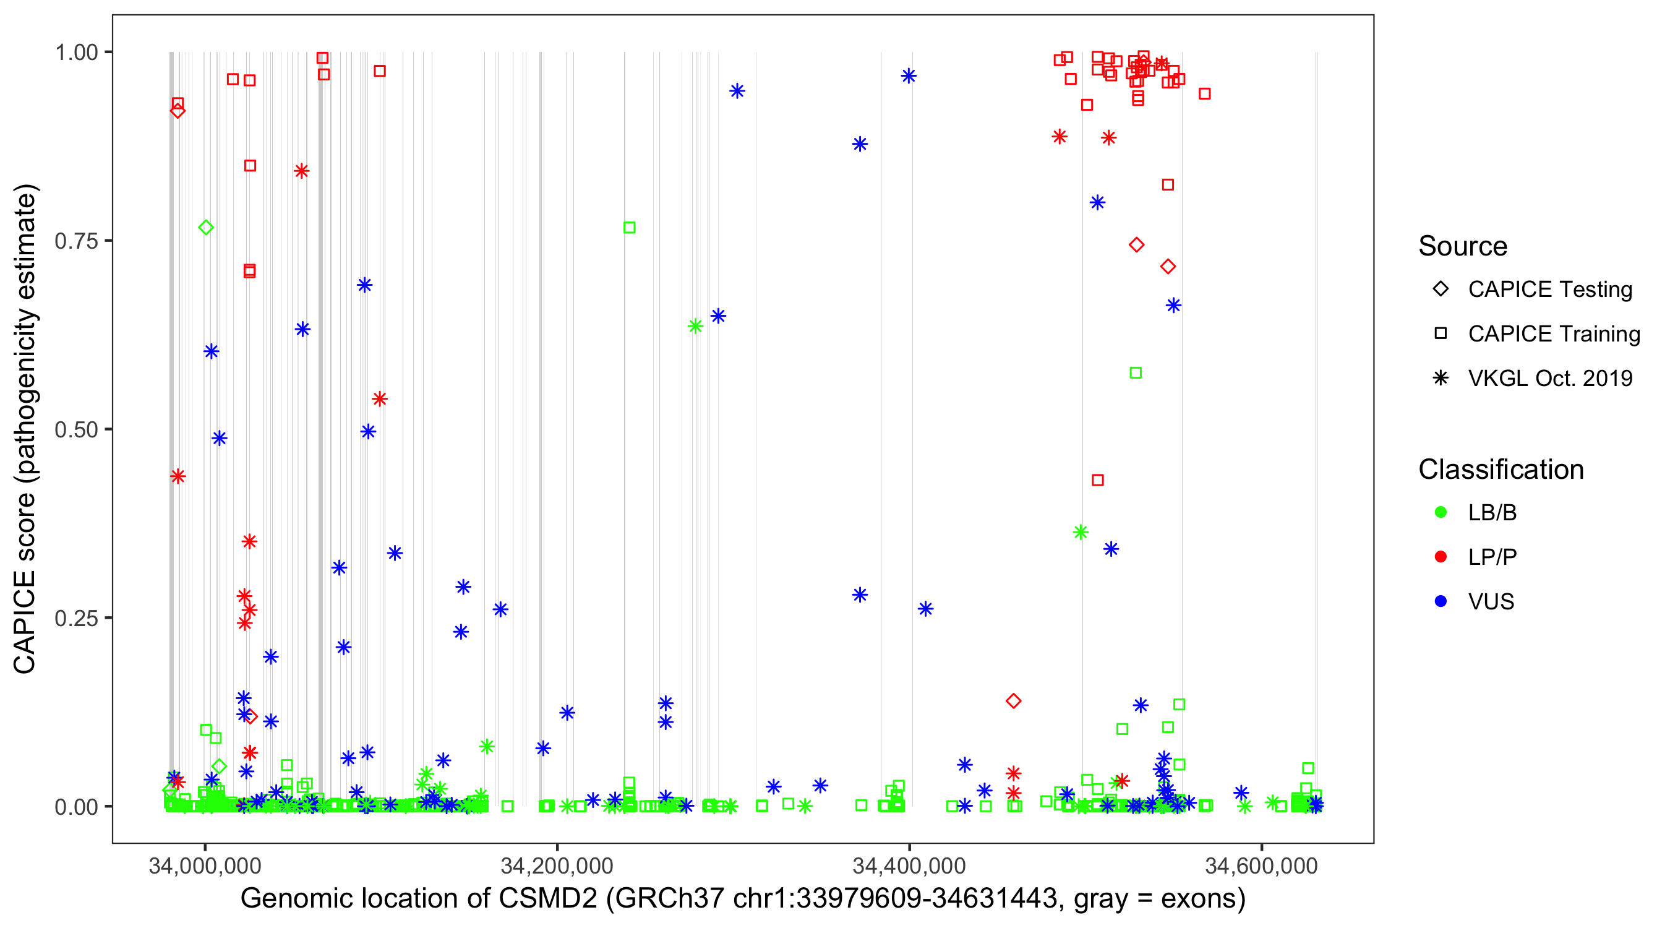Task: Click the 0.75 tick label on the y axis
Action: click(x=76, y=241)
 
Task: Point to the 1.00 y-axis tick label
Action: click(x=76, y=52)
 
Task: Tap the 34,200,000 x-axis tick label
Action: click(x=557, y=866)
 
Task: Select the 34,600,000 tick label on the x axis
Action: click(x=1261, y=866)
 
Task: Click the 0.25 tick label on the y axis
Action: click(x=76, y=618)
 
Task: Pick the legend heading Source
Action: click(x=1463, y=246)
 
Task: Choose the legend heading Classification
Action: click(x=1501, y=470)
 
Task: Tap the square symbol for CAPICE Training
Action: click(x=1441, y=333)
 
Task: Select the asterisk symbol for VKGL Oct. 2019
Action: click(x=1441, y=378)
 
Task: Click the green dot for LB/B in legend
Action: click(x=1441, y=512)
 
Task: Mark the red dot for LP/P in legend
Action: click(x=1441, y=557)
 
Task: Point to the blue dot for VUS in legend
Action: click(x=1441, y=601)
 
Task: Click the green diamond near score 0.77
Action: click(x=206, y=228)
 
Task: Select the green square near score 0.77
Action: click(x=629, y=228)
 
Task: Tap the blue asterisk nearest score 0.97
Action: click(x=908, y=76)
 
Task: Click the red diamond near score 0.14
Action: click(x=1013, y=701)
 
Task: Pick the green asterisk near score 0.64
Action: click(x=695, y=326)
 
